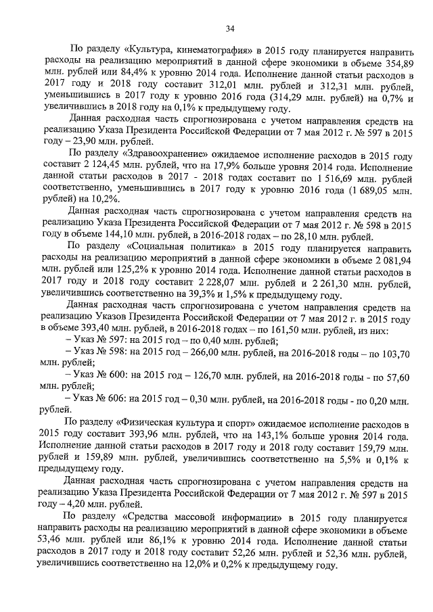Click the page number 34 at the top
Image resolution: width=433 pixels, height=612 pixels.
click(x=230, y=28)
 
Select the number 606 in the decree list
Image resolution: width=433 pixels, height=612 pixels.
click(x=129, y=404)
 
